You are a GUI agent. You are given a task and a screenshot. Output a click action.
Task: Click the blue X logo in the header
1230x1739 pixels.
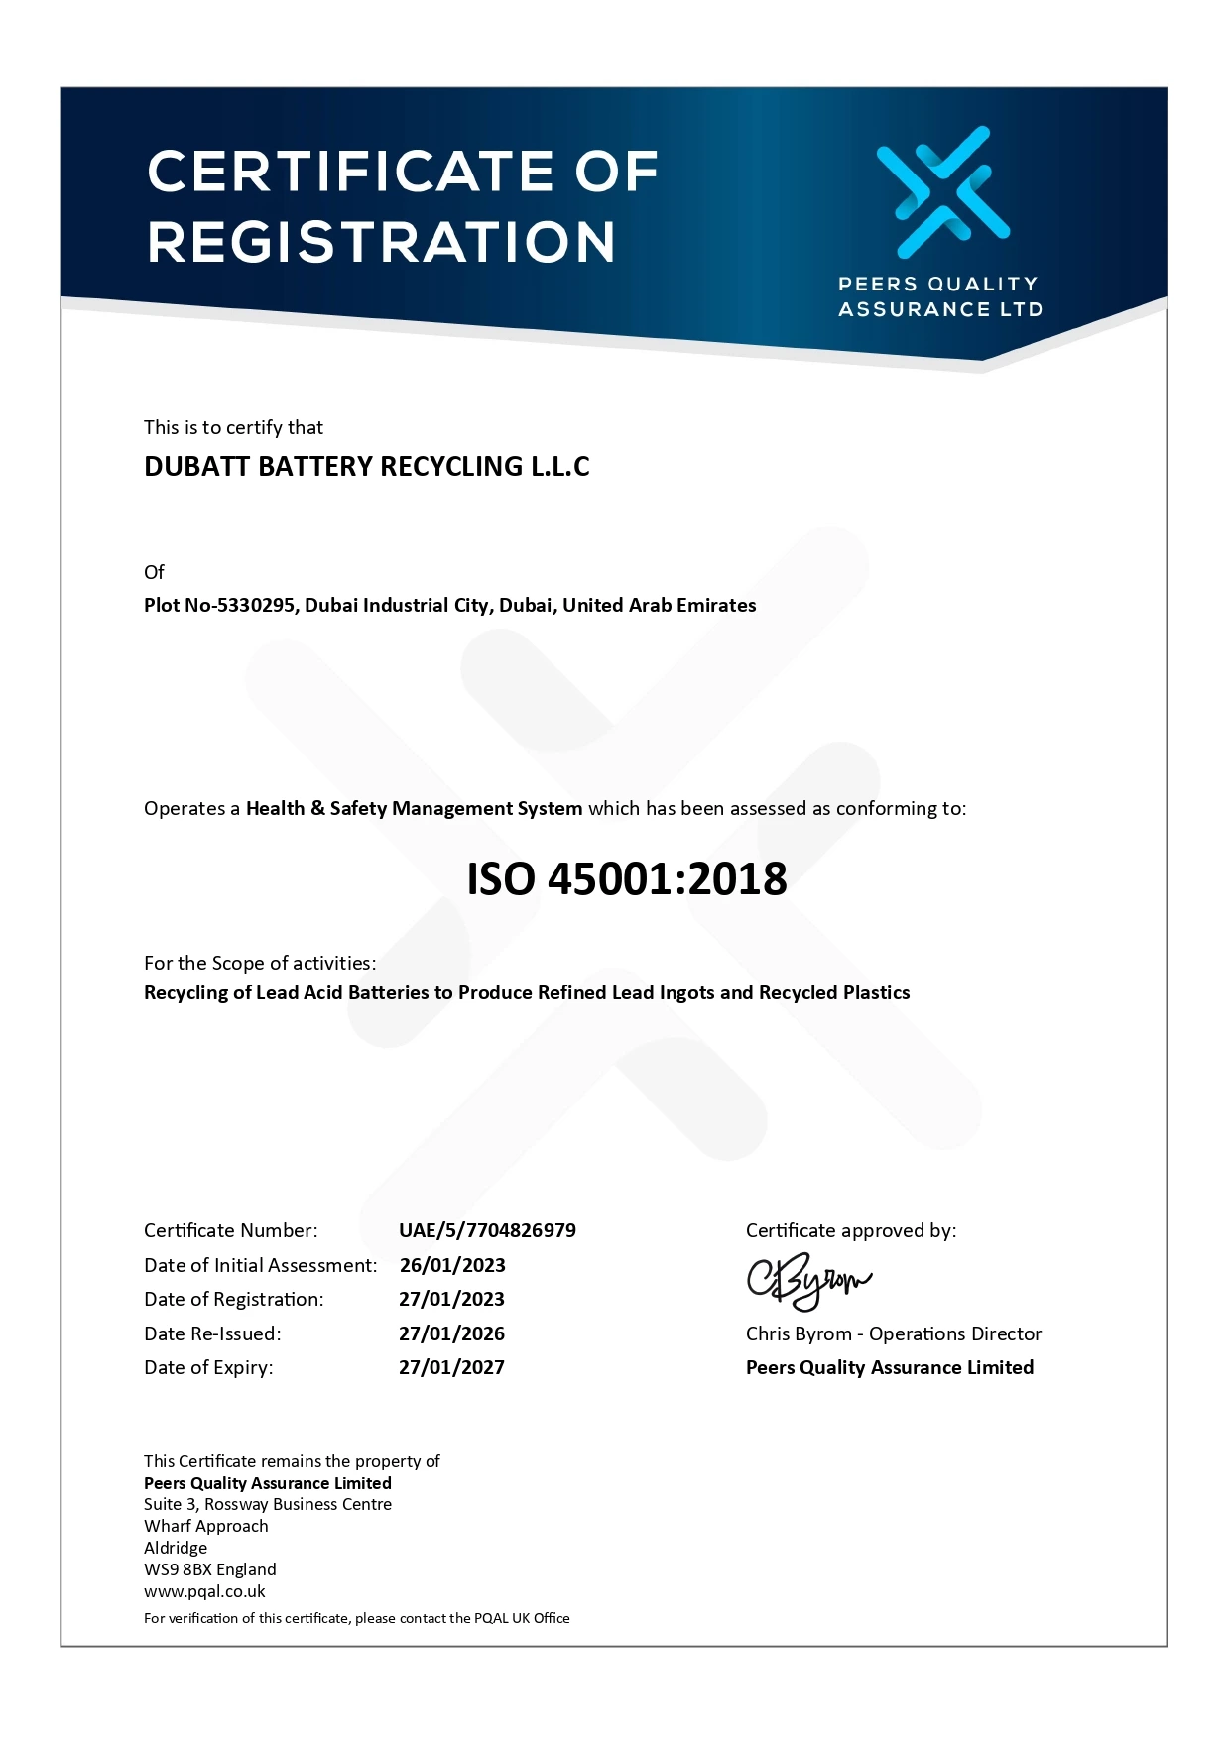[x=942, y=191]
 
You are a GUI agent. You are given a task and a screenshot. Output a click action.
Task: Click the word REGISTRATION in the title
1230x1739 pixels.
[x=382, y=242]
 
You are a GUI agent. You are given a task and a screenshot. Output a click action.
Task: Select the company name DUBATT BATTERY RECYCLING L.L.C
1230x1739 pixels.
[x=367, y=466]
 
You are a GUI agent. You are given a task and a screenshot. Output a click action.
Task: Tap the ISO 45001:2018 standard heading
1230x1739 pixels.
[x=627, y=878]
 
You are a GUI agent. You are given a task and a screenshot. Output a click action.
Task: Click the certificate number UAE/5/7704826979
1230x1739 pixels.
[x=487, y=1230]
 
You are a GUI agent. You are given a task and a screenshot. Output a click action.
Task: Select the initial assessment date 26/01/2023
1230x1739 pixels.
[x=452, y=1265]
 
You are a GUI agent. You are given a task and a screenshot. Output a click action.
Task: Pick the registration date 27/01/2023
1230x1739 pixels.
[x=451, y=1299]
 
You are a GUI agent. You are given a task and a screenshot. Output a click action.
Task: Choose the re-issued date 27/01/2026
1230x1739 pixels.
[x=451, y=1333]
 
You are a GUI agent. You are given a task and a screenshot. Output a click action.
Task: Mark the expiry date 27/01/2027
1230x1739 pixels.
[x=451, y=1367]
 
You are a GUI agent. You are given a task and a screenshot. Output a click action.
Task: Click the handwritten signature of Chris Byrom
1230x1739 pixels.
[x=807, y=1282]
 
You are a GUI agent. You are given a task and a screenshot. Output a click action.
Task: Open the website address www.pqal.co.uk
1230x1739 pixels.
[x=204, y=1591]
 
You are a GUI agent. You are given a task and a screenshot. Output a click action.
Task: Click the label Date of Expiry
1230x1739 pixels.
[x=208, y=1367]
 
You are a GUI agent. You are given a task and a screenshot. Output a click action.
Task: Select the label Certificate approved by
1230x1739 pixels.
[x=851, y=1230]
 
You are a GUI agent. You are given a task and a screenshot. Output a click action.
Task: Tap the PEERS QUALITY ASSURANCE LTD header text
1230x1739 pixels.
[x=939, y=296]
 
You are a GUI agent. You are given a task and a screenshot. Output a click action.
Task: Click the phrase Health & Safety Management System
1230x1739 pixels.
[x=414, y=808]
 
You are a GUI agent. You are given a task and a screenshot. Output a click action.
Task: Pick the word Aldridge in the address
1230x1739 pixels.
[x=176, y=1548]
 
